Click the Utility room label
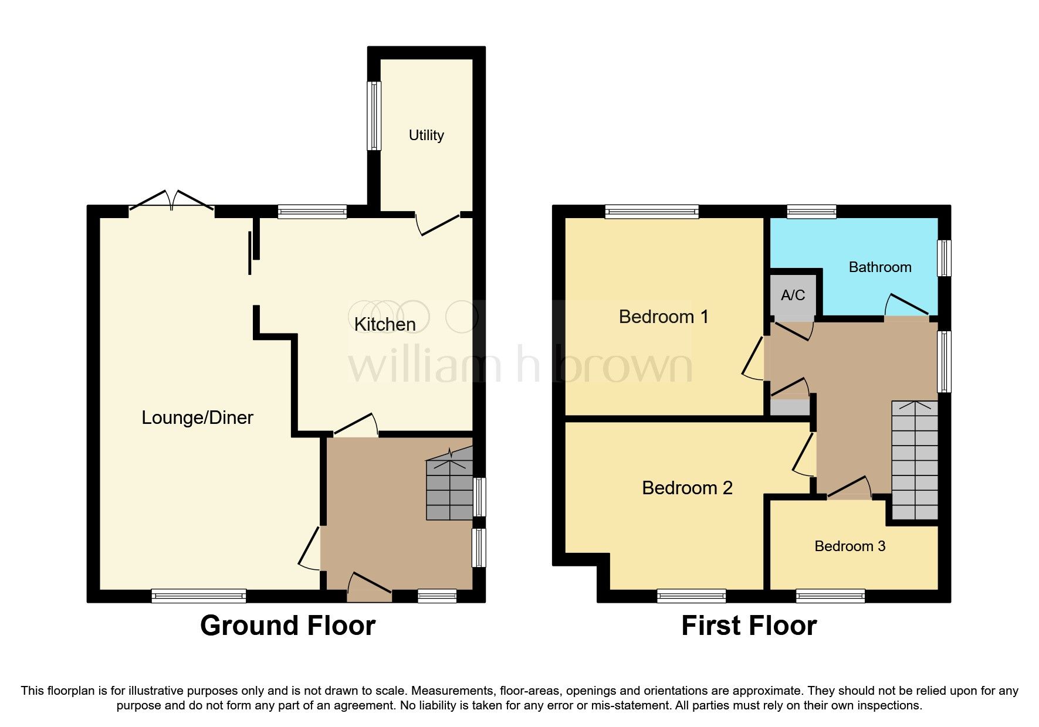coord(426,135)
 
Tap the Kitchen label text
coord(385,324)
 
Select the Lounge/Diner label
coord(198,417)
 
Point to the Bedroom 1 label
coord(664,317)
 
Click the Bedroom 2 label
coord(687,488)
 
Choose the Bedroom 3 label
coord(850,546)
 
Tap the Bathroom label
coord(879,267)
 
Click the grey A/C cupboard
coord(793,295)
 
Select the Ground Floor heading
coord(287,626)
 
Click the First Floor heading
coord(749,626)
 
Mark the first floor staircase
coord(914,460)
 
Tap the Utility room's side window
coord(374,115)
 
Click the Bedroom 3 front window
coord(830,596)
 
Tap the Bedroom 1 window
coord(652,211)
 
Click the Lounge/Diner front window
coord(198,596)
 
